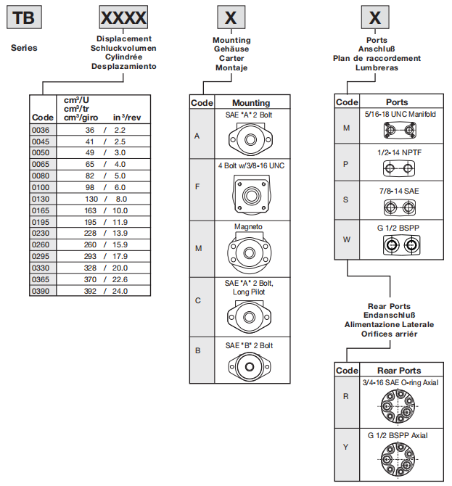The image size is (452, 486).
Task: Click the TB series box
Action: pos(23,17)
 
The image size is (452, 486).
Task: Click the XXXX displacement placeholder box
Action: pos(123,17)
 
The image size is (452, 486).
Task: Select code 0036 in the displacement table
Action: pos(42,129)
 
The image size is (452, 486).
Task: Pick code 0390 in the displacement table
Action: pos(42,291)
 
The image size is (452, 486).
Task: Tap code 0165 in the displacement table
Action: pos(42,210)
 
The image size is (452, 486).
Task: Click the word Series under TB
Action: pos(24,48)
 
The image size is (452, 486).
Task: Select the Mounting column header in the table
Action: pos(251,103)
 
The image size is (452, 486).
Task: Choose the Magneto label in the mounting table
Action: pos(248,226)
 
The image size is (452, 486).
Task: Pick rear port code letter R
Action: pos(346,396)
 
